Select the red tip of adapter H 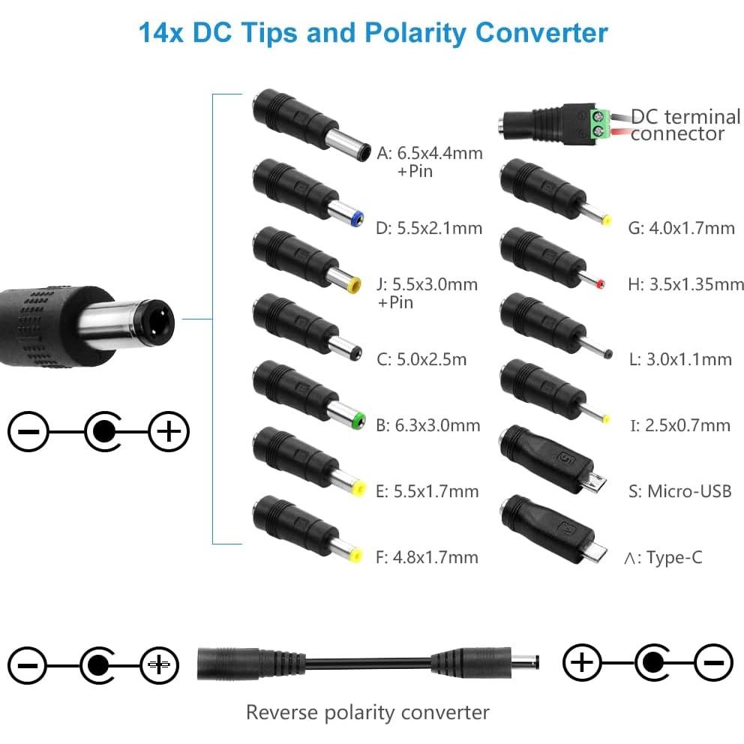point(601,284)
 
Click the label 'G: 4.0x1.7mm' point(681,228)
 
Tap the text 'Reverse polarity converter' point(367,712)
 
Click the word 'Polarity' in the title point(415,33)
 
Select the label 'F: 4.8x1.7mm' point(427,557)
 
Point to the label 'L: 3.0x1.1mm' point(679,359)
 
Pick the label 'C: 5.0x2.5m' point(421,359)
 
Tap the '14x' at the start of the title point(161,33)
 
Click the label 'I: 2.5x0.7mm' point(679,426)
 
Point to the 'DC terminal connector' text point(684,125)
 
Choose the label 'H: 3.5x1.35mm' point(685,284)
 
